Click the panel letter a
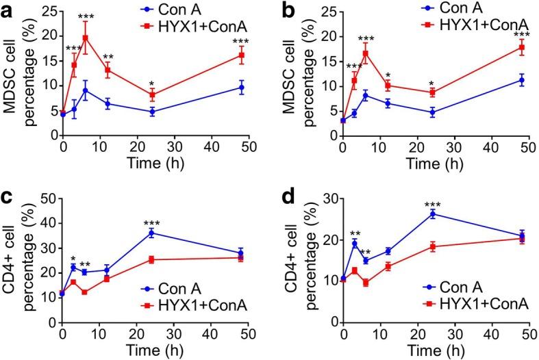click(9, 9)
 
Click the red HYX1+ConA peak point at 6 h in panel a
click(85, 38)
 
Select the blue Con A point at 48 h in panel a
click(241, 87)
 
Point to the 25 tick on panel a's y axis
click(54, 11)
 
